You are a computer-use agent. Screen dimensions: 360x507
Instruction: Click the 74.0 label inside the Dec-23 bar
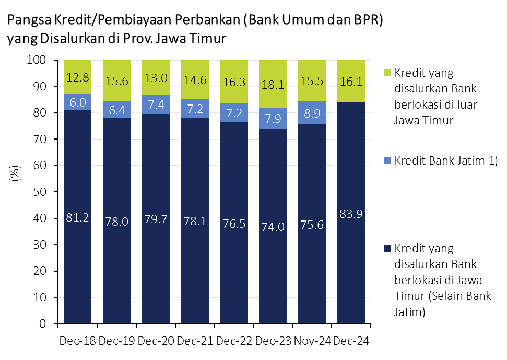tap(273, 226)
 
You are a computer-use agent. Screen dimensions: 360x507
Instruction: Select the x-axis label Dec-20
tap(155, 341)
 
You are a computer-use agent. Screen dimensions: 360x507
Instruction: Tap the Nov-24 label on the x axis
tap(312, 341)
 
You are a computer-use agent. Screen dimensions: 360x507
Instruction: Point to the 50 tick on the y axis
tap(40, 192)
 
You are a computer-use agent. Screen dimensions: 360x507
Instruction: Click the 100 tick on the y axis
tap(37, 60)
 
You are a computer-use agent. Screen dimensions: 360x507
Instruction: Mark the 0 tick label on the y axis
tap(44, 324)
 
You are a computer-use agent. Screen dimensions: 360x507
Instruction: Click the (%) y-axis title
tap(15, 173)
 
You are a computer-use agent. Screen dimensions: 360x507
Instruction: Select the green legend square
tap(386, 72)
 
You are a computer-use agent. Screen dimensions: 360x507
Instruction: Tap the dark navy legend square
tap(386, 247)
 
